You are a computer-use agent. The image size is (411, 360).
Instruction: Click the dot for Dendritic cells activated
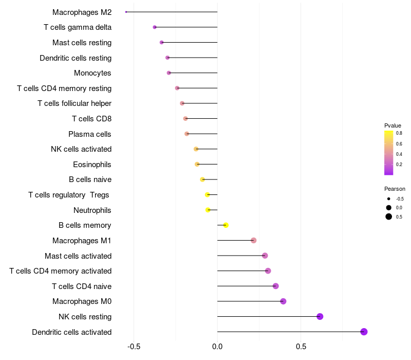(x=364, y=332)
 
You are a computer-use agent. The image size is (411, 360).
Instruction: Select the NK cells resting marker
(x=320, y=316)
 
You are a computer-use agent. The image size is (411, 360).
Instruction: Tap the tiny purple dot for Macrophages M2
(x=126, y=12)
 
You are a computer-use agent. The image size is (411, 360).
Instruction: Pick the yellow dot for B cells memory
(x=226, y=225)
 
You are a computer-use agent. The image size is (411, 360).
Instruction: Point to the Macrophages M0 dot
(x=283, y=301)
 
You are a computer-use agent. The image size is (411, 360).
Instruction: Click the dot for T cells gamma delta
(x=155, y=27)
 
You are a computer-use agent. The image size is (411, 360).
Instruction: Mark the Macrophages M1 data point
(x=253, y=241)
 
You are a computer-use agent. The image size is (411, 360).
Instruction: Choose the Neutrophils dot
(x=208, y=210)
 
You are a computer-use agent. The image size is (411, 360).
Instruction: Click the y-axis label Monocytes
(x=92, y=73)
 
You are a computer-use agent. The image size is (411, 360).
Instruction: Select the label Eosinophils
(x=92, y=165)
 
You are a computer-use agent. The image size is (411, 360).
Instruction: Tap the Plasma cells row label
(x=90, y=134)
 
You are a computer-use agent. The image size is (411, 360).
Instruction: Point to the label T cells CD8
(x=91, y=119)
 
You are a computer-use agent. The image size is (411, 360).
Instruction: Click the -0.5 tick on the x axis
(x=134, y=346)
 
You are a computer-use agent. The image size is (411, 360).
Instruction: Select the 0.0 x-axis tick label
(x=217, y=346)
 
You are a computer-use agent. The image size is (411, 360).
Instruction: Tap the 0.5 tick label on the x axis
(x=301, y=346)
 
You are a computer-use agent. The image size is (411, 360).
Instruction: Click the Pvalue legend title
(x=393, y=125)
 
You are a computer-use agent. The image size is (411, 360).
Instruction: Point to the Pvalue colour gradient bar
(x=388, y=153)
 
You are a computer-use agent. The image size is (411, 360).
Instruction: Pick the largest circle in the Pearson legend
(x=389, y=217)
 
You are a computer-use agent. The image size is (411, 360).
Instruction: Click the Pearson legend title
(x=395, y=189)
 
